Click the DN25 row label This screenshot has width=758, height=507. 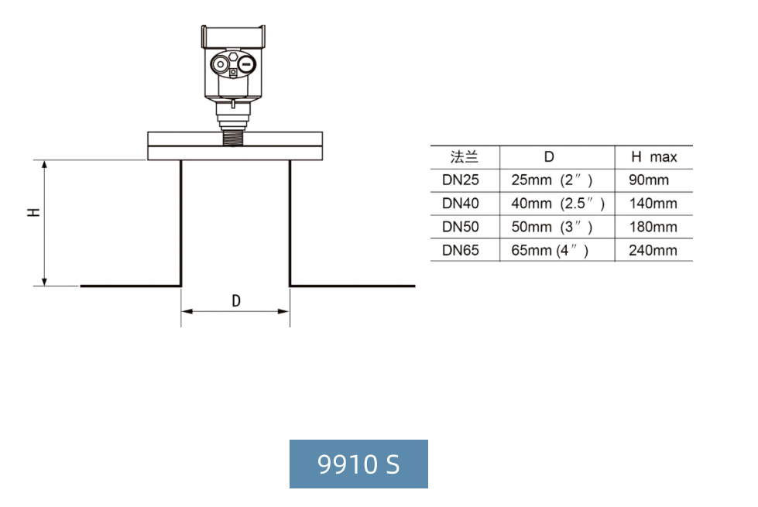(x=460, y=180)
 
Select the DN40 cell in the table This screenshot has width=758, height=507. (x=460, y=203)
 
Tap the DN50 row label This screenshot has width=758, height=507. (x=460, y=227)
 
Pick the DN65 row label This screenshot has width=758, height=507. (x=460, y=250)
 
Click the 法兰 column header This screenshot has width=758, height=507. (x=464, y=156)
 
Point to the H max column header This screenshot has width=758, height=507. (x=654, y=156)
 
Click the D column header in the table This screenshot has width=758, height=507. (x=549, y=156)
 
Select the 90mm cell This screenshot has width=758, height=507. (x=649, y=180)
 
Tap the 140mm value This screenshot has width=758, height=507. (x=653, y=203)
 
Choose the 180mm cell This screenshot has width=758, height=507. (x=653, y=227)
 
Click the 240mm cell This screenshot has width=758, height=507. (x=653, y=250)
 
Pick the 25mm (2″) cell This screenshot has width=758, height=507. (x=551, y=180)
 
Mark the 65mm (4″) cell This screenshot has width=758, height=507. (x=550, y=250)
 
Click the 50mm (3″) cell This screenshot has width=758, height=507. (x=551, y=227)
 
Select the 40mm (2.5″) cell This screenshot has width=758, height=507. (x=558, y=203)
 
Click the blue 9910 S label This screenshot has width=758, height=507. (x=358, y=464)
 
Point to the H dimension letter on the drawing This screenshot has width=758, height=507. (x=33, y=212)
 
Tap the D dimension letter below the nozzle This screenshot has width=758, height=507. (x=236, y=300)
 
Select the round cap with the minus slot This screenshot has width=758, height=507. (x=246, y=63)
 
